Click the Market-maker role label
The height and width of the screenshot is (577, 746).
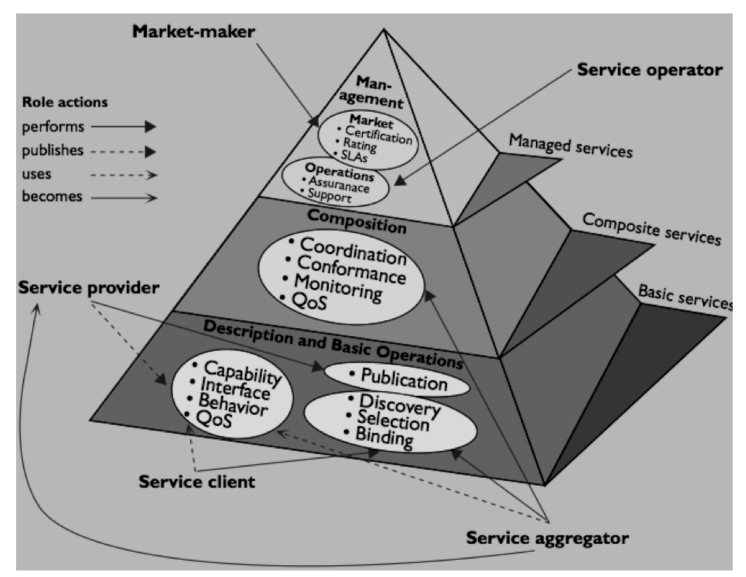coord(193,32)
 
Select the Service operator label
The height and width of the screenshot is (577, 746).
coord(649,70)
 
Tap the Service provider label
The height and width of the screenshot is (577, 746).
coord(89,288)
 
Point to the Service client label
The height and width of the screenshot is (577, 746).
coord(197,482)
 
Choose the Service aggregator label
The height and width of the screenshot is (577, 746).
coord(547,538)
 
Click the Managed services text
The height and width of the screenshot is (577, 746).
coord(571,146)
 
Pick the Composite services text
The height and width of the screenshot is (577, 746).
coord(651,229)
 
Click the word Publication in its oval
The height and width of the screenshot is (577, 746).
coord(404,379)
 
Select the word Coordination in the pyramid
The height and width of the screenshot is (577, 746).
coord(353,251)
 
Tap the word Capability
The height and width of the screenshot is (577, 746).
coord(243,372)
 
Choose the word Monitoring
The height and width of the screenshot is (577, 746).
coord(338,288)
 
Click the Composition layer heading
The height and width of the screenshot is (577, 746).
coord(357,221)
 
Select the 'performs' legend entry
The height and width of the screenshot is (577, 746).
coord(53,127)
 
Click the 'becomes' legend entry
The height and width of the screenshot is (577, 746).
coord(52,197)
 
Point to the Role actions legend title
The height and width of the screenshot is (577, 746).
coord(65,102)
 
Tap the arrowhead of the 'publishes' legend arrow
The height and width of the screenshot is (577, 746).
coord(151,152)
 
